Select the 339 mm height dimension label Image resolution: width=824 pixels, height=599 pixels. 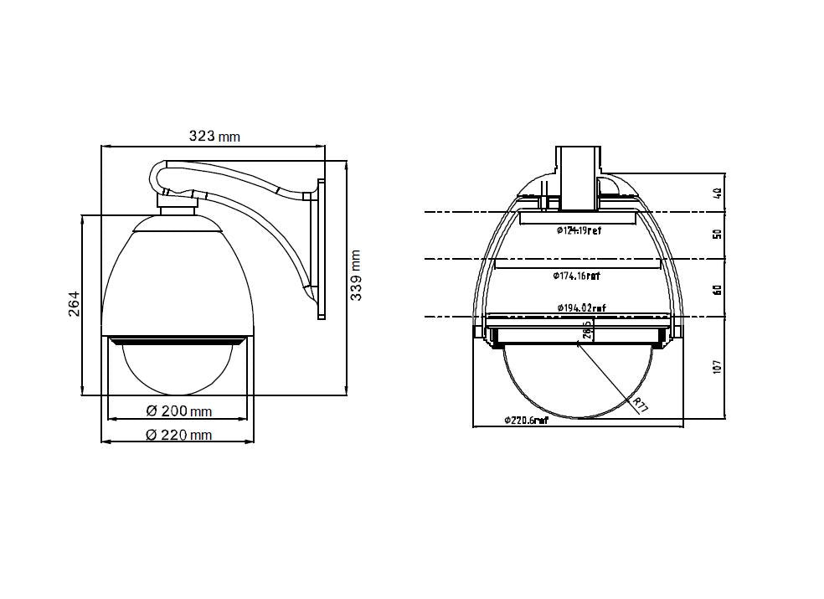click(356, 276)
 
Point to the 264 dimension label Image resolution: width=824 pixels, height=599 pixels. click(74, 304)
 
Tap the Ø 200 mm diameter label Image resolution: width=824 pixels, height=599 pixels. click(178, 411)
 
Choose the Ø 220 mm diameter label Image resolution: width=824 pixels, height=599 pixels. click(178, 435)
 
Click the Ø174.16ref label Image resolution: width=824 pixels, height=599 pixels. click(576, 275)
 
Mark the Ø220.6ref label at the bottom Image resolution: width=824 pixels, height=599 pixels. click(526, 420)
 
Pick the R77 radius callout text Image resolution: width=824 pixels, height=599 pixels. click(641, 405)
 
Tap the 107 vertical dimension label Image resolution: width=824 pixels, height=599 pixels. click(717, 366)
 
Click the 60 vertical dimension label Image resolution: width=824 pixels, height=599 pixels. click(717, 289)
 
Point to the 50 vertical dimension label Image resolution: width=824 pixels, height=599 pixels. click(717, 235)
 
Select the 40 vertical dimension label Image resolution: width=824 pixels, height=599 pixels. click(717, 193)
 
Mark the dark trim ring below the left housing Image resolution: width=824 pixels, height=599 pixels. click(178, 340)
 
